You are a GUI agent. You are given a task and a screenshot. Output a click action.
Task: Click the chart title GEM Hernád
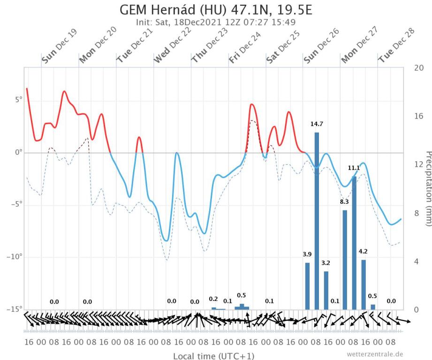[x=216, y=10]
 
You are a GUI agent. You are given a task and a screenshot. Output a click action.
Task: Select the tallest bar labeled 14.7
[x=317, y=220]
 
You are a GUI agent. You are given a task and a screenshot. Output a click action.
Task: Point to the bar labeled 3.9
[x=307, y=286]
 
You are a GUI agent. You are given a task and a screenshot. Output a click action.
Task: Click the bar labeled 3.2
[x=326, y=290]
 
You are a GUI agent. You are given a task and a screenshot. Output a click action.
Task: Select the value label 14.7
[x=317, y=125]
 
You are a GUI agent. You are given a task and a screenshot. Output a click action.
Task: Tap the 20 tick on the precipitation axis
[x=419, y=67]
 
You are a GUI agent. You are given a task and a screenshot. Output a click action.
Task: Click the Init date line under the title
[x=216, y=22]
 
